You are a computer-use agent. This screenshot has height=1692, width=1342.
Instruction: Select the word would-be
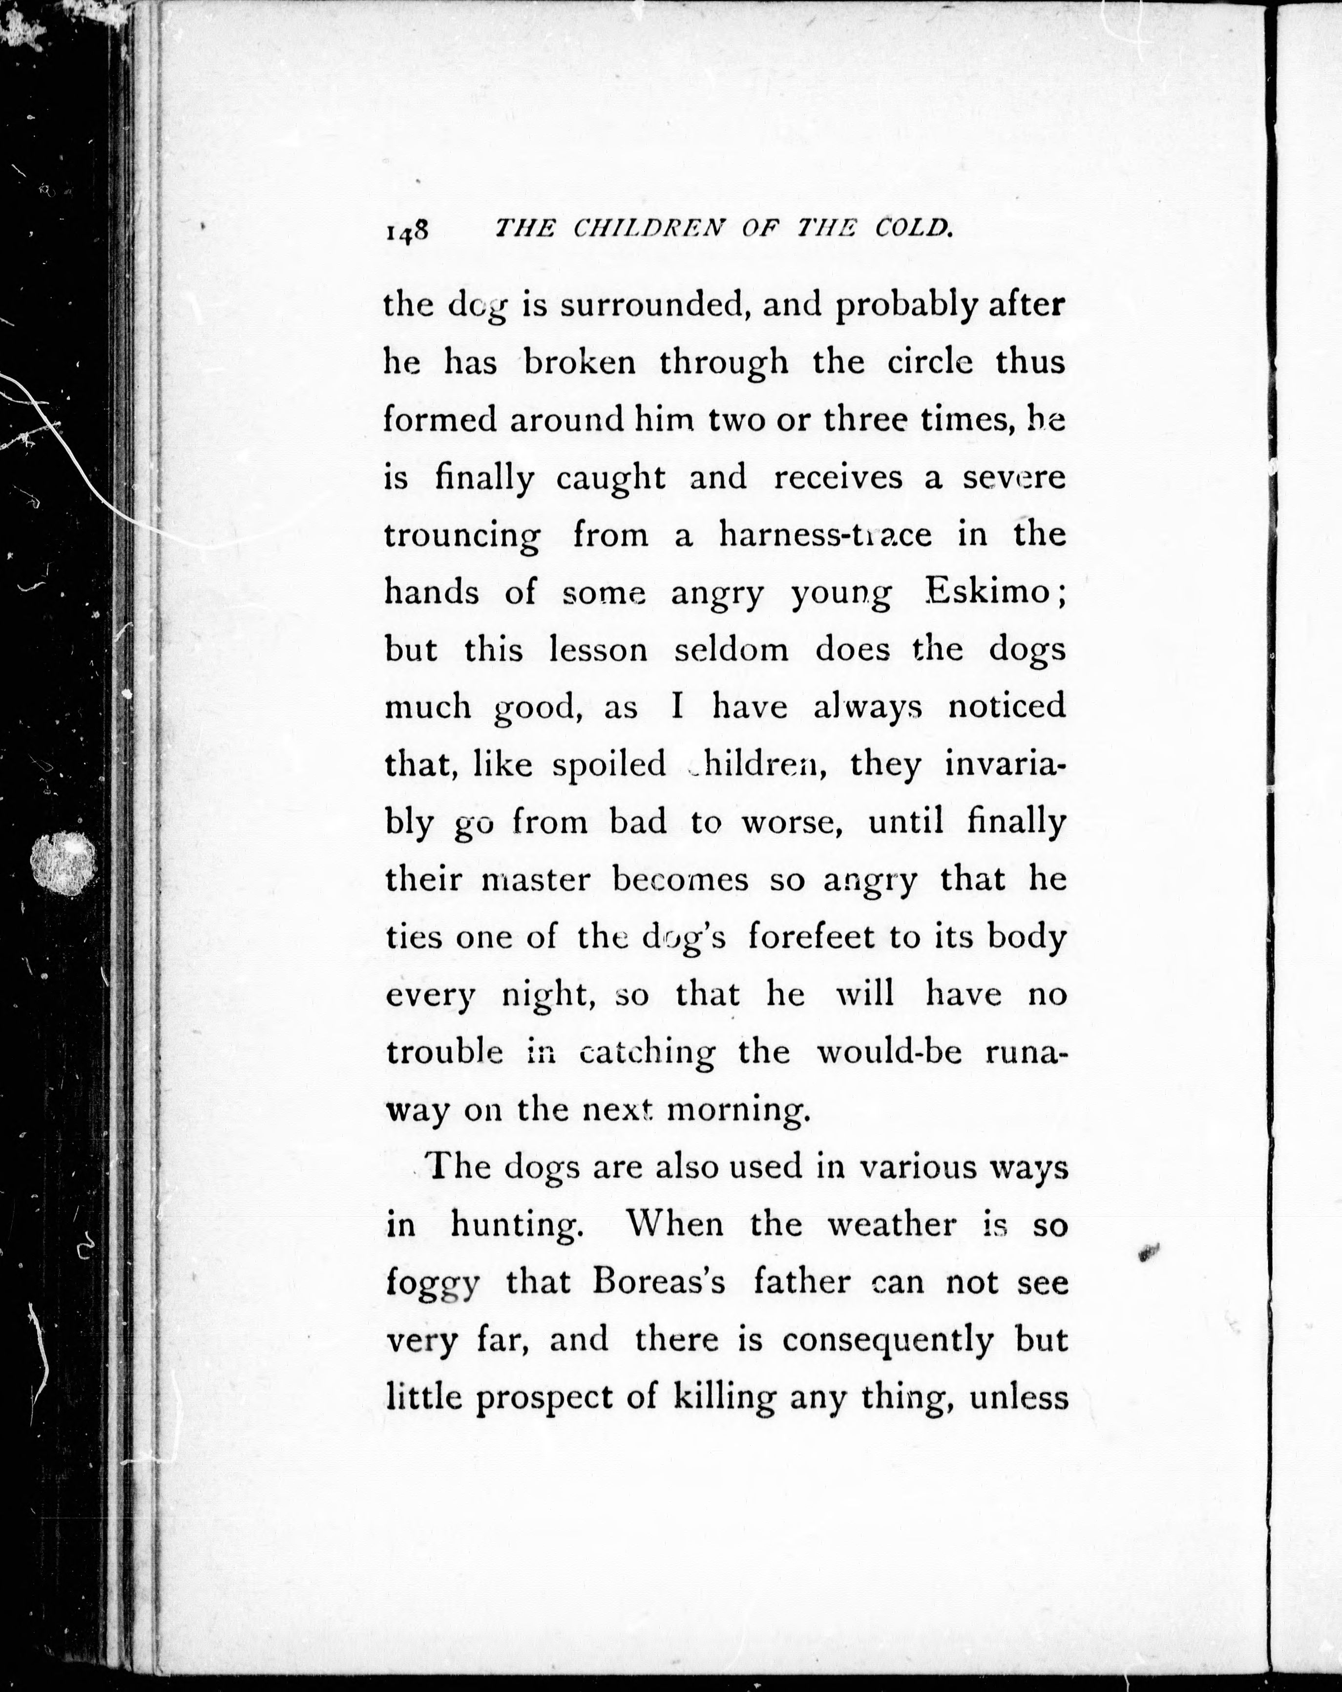pyautogui.click(x=889, y=1052)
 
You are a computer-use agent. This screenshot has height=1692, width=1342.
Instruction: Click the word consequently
pyautogui.click(x=888, y=1340)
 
